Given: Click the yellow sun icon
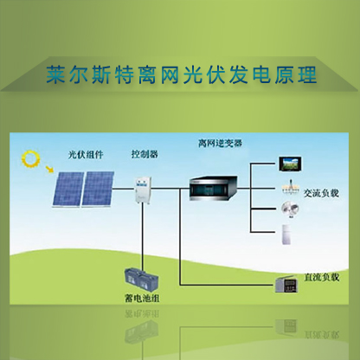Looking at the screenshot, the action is [30, 159].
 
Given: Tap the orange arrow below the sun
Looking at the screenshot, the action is [49, 170].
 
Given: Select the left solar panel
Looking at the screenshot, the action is [67, 190].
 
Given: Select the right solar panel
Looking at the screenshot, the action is [98, 189].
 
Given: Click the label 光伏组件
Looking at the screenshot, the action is [86, 155].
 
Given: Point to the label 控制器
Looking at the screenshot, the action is [145, 154].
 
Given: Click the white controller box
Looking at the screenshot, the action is [143, 190].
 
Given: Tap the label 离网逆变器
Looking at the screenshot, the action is [220, 143].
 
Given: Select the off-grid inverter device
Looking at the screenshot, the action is [214, 188].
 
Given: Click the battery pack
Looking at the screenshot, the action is [141, 280].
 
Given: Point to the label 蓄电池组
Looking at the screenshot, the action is [142, 299].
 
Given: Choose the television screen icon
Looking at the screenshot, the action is [290, 164].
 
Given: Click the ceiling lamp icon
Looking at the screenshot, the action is [291, 187].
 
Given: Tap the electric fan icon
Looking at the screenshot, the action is [290, 209].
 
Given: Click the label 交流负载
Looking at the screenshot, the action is [321, 193].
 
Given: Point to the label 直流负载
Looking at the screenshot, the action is [321, 277].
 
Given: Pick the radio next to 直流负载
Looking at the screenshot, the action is [286, 285].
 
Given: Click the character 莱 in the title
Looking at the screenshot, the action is [55, 74].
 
